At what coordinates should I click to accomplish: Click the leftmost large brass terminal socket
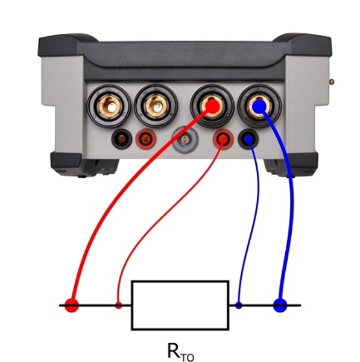pyautogui.click(x=109, y=106)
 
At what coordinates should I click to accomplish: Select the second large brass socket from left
pyautogui.click(x=156, y=106)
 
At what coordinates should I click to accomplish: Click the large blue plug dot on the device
pyautogui.click(x=259, y=106)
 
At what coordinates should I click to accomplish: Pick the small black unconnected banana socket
pyautogui.click(x=122, y=139)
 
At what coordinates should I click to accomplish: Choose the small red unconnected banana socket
pyautogui.click(x=146, y=139)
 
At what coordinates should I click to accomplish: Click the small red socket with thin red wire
pyautogui.click(x=223, y=139)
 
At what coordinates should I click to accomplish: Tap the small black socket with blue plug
pyautogui.click(x=248, y=139)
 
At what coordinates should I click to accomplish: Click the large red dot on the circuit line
pyautogui.click(x=72, y=305)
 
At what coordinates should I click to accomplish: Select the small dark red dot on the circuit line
pyautogui.click(x=118, y=305)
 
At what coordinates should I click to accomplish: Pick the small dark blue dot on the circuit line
pyautogui.click(x=239, y=305)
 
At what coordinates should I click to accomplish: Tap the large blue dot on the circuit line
pyautogui.click(x=280, y=305)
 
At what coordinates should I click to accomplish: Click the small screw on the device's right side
pyautogui.click(x=332, y=81)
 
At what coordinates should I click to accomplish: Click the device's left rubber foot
pyautogui.click(x=84, y=165)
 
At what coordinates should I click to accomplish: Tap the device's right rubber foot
pyautogui.click(x=291, y=165)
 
